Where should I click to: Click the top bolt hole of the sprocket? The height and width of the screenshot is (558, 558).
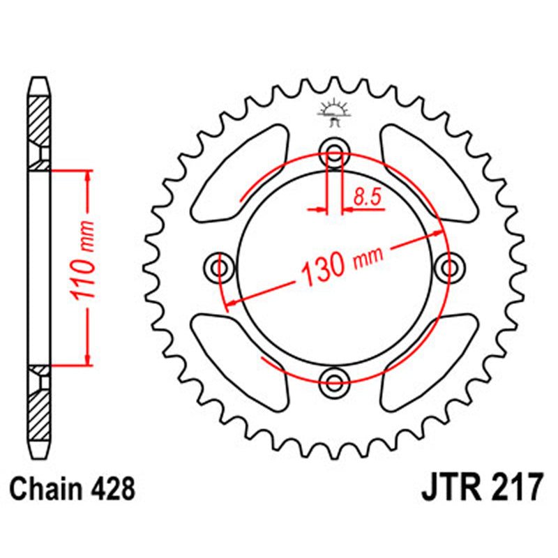(x=335, y=154)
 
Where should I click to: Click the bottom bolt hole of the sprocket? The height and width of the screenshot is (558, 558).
(x=335, y=379)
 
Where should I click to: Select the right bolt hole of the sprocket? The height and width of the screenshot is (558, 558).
(x=448, y=267)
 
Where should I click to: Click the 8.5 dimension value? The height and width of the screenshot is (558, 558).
(x=368, y=198)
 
